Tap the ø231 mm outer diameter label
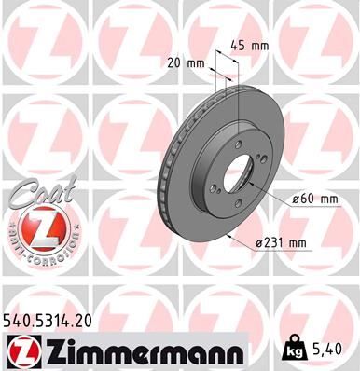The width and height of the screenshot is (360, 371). coord(283,243)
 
